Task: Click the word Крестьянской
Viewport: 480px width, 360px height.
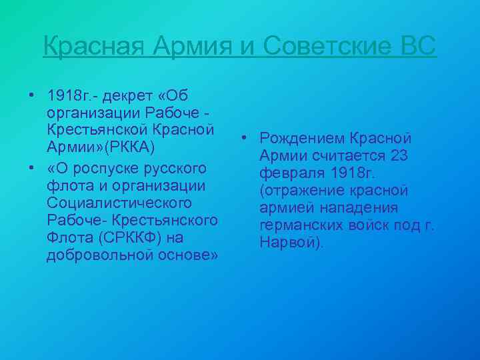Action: coord(97,128)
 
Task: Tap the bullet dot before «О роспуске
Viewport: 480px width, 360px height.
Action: coord(32,165)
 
